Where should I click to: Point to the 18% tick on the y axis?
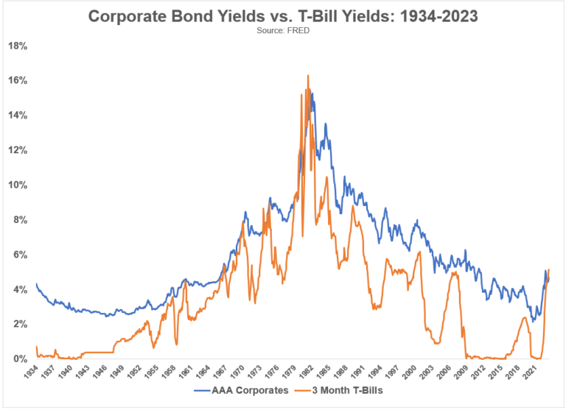pyautogui.click(x=18, y=46)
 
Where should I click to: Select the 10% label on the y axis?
pyautogui.click(x=18, y=185)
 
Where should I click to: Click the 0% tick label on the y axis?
pyautogui.click(x=20, y=359)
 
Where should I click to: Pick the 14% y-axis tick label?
pyautogui.click(x=18, y=116)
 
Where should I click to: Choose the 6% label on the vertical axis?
pyautogui.click(x=20, y=255)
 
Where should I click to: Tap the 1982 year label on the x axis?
pyautogui.click(x=312, y=372)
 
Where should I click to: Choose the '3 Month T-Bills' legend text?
pyautogui.click(x=346, y=390)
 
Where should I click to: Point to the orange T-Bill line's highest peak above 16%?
pyautogui.click(x=307, y=75)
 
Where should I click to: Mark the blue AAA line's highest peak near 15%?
pyautogui.click(x=312, y=93)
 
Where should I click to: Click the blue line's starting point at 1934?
pyautogui.click(x=36, y=283)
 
